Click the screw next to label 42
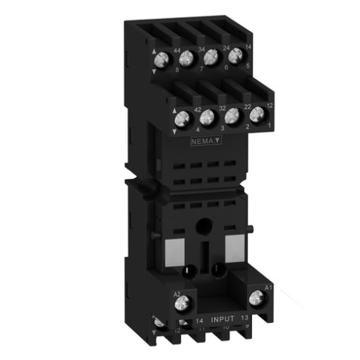click(182, 118)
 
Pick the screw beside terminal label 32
click(208, 114)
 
